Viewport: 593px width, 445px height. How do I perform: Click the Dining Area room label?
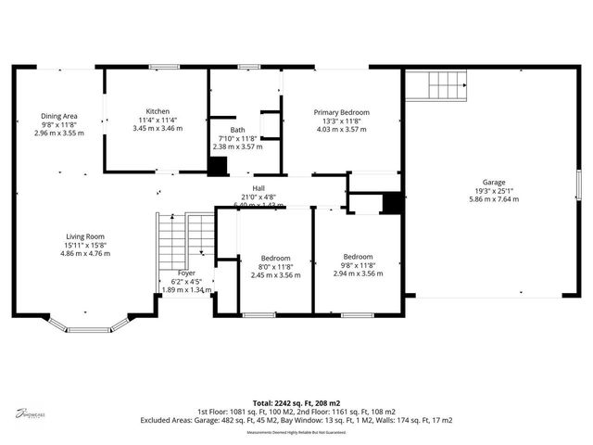[58, 116]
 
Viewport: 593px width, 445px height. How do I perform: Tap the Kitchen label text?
[157, 110]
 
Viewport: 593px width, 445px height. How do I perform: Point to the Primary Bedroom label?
[341, 112]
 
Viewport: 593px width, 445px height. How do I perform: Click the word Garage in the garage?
[493, 182]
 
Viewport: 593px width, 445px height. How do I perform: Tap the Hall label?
[259, 188]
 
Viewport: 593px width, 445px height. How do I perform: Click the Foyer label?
[186, 273]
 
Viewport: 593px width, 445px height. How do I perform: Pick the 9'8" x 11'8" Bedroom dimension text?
[358, 265]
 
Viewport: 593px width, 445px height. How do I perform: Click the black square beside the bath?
[217, 167]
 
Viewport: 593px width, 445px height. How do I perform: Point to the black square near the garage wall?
[392, 203]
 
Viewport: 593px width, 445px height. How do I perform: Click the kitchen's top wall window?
[165, 67]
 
